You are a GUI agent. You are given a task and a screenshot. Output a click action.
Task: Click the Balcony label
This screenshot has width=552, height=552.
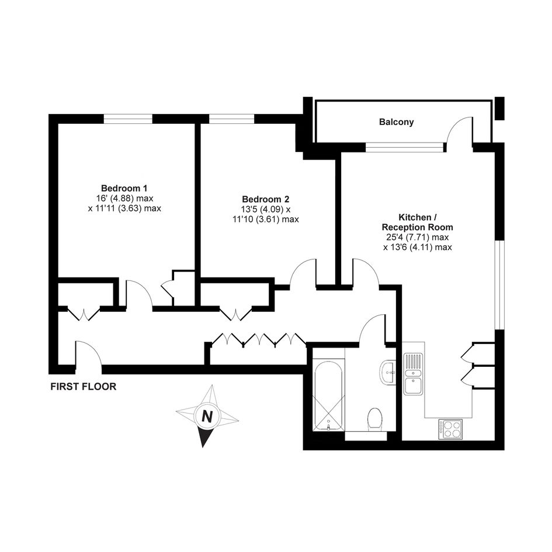(396, 122)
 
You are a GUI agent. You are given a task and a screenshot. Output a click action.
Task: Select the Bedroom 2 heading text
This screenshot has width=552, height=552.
(265, 199)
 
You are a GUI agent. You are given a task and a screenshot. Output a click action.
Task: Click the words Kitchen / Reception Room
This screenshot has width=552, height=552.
(417, 222)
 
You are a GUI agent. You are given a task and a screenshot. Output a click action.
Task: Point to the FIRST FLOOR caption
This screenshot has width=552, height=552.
(84, 387)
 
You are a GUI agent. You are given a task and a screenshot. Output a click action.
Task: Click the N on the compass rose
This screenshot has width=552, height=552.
(207, 417)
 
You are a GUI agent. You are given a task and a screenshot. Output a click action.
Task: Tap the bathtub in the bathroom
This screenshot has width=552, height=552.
(328, 395)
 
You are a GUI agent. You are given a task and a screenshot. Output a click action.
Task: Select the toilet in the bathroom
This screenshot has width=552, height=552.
(374, 419)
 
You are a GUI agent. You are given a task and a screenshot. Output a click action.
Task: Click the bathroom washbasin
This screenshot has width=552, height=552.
(388, 372)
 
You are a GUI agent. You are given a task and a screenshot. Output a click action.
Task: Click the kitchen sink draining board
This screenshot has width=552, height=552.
(414, 361)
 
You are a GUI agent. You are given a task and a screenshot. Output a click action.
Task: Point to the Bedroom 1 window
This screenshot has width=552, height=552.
(128, 119)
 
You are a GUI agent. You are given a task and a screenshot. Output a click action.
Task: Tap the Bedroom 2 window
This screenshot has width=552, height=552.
(232, 119)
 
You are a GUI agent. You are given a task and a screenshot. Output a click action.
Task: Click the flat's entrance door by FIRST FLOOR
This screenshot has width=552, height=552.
(89, 352)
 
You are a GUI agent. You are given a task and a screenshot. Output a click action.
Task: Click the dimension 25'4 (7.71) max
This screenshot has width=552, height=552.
(415, 237)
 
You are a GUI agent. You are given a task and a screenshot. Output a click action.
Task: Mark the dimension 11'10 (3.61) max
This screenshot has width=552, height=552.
(266, 219)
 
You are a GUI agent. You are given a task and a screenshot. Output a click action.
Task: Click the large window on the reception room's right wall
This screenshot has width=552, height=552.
(499, 285)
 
